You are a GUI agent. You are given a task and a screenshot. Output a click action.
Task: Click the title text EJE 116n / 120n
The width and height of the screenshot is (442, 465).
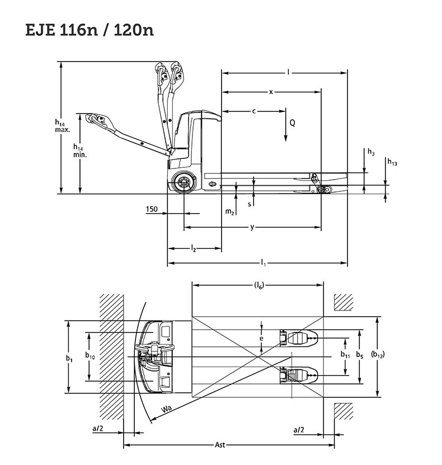tap(89, 30)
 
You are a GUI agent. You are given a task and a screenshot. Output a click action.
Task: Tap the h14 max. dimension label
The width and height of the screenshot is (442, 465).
tap(62, 126)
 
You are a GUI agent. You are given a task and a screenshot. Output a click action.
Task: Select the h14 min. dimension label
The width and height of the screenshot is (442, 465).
tap(80, 151)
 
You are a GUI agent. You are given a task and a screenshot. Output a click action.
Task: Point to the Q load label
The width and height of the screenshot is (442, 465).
tap(292, 123)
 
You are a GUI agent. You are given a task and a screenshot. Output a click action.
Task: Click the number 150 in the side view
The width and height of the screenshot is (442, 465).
tap(152, 209)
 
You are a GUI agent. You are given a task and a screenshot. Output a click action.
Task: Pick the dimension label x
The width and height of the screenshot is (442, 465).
tap(271, 92)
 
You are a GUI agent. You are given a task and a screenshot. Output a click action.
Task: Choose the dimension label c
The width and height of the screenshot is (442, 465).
tap(254, 111)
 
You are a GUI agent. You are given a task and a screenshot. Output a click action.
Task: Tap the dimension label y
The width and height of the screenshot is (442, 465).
tap(252, 227)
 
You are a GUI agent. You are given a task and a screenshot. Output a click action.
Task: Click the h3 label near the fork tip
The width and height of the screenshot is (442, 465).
tap(371, 152)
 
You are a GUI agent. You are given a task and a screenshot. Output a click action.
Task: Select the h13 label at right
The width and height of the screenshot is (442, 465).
tap(392, 162)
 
